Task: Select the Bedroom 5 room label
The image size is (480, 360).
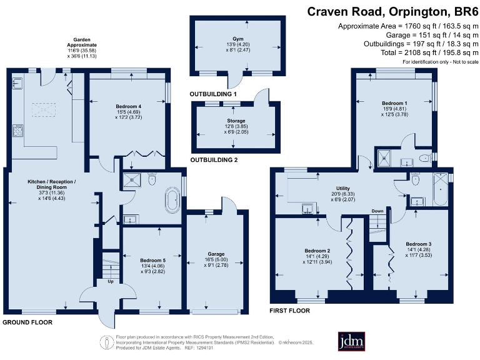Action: coord(152,260)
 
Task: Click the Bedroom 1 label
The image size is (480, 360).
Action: coord(394,102)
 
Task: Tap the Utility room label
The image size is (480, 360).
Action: coord(343,187)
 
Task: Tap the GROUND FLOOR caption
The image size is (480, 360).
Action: coord(27,322)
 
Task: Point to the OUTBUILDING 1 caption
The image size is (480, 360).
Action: coord(213,94)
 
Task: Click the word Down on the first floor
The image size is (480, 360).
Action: coord(377,211)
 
